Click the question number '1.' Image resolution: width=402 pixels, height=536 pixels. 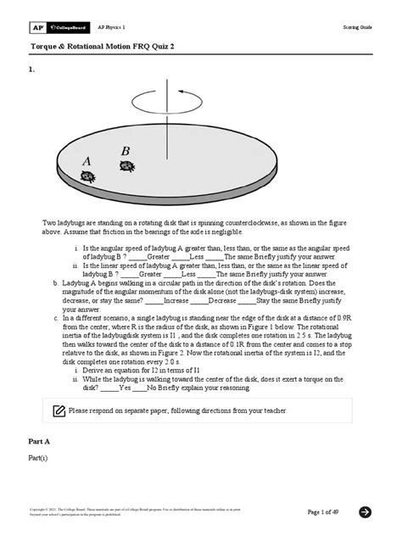(x=33, y=72)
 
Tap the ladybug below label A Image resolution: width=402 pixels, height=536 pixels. (x=87, y=176)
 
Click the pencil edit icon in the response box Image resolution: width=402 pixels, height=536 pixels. (x=59, y=410)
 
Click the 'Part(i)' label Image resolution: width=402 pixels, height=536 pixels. (x=40, y=459)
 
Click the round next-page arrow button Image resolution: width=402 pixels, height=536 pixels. (x=366, y=511)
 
